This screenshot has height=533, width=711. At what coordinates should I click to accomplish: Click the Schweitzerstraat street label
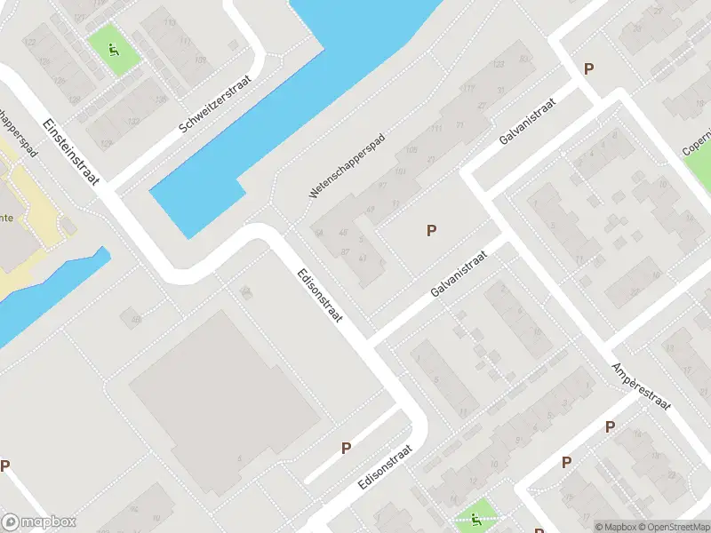click(216, 104)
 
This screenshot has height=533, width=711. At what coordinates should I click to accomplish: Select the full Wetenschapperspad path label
click(347, 166)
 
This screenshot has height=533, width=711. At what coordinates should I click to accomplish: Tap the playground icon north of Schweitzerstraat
click(114, 49)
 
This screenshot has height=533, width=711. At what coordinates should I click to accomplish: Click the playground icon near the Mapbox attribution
click(475, 518)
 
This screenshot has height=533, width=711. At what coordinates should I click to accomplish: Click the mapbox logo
click(39, 522)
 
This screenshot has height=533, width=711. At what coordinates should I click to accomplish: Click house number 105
click(411, 149)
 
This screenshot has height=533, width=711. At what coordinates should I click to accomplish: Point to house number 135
click(161, 99)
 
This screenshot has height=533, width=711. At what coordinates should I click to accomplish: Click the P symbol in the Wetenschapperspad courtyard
click(431, 230)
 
